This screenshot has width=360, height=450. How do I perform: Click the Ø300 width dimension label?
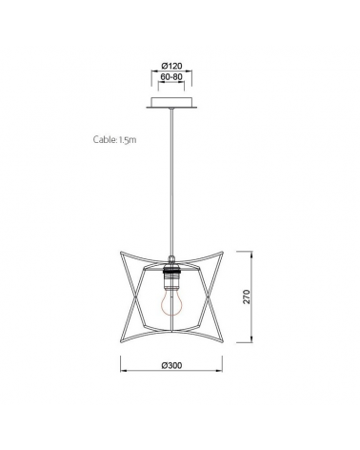coord(172,366)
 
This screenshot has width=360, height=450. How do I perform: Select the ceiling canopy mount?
coord(172,104)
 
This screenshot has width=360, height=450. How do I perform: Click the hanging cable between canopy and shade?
coord(172,181)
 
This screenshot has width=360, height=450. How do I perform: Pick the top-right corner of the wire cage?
coord(225,254)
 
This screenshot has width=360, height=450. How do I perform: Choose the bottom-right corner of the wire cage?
coord(225,339)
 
